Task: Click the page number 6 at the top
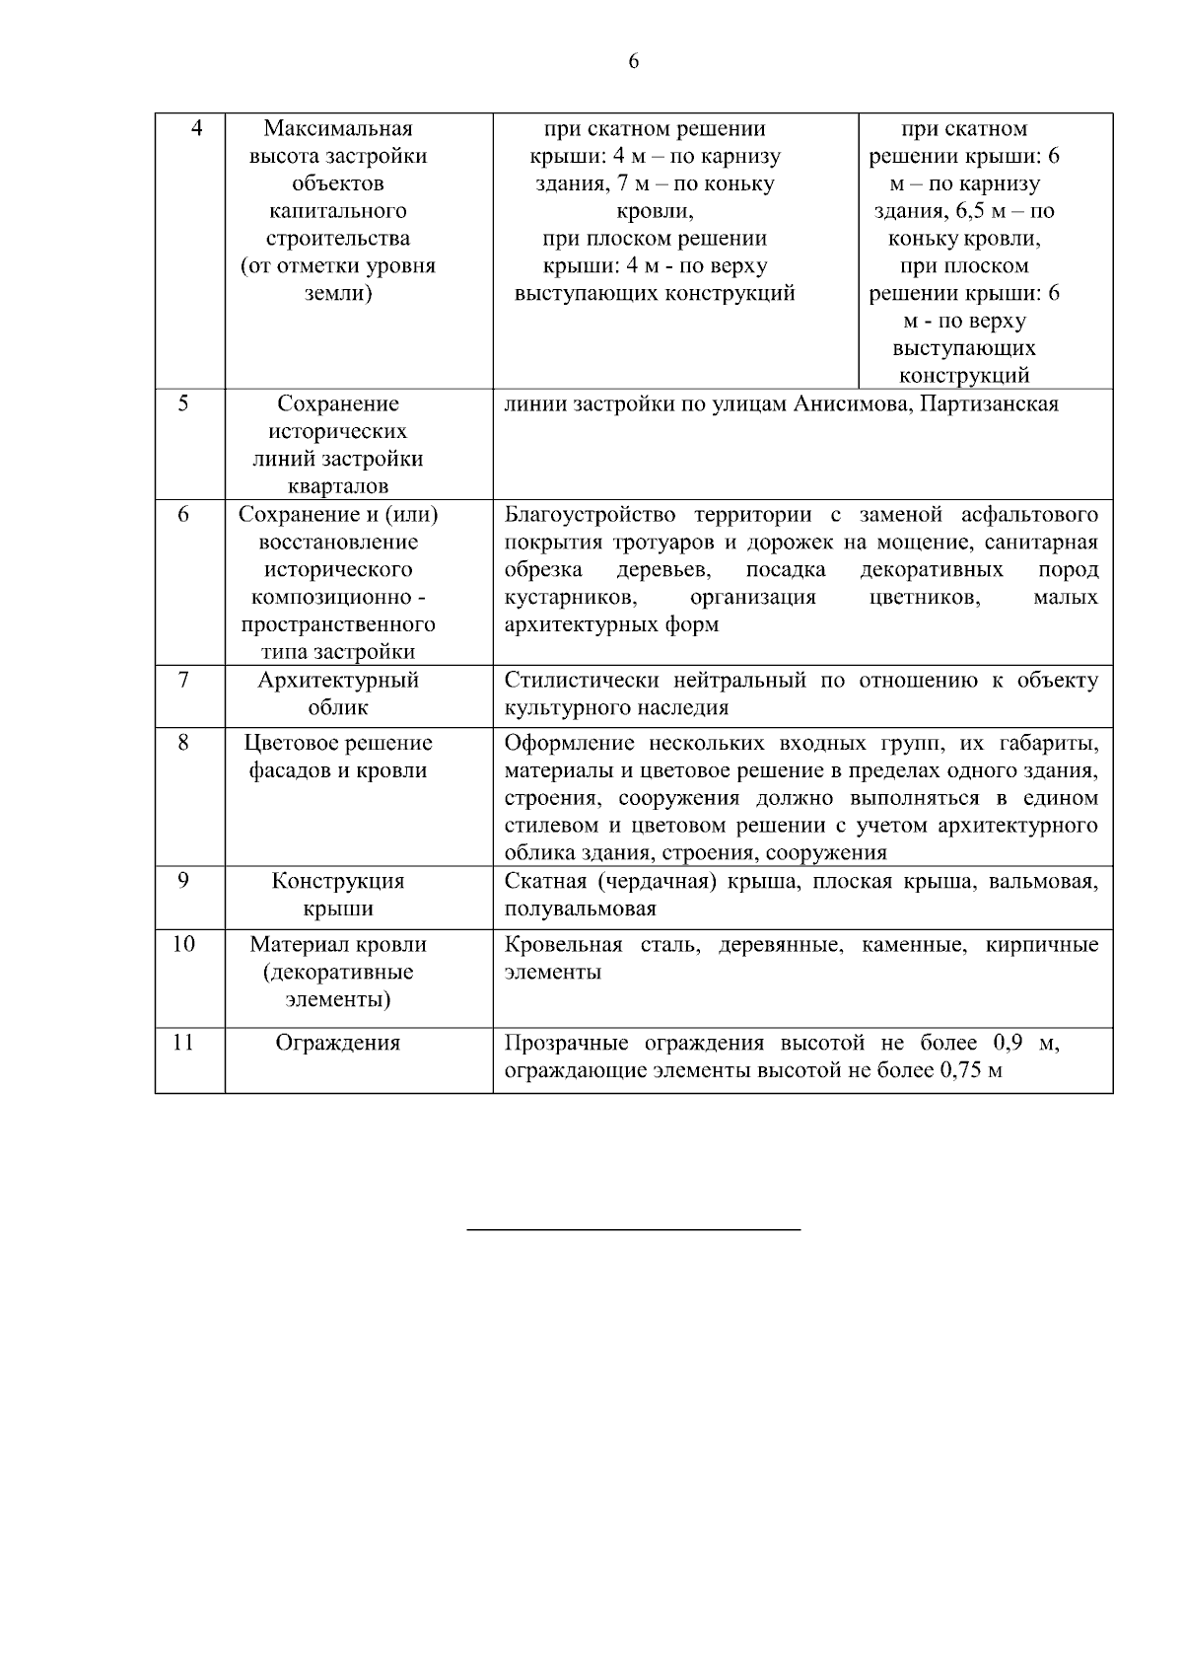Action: point(633,62)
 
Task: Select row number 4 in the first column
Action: point(197,129)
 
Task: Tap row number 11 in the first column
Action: point(183,1043)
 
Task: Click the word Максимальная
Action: point(338,129)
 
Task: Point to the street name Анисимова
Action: point(850,404)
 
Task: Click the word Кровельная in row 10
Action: point(563,945)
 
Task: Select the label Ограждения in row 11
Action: point(338,1044)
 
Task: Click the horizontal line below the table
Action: point(633,1230)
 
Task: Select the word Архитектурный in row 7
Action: point(338,681)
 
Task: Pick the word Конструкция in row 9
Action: point(338,882)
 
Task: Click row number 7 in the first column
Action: point(183,681)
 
